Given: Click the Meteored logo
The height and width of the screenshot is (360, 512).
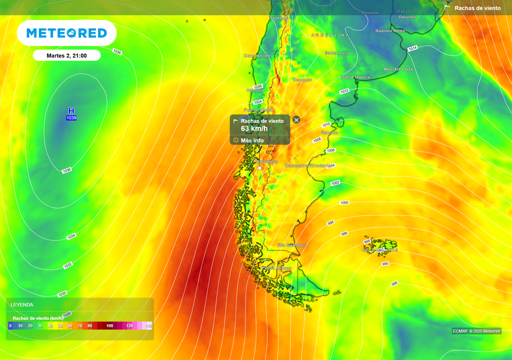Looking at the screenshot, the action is (x=66, y=33).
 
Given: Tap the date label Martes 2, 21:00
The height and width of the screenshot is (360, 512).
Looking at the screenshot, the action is (x=66, y=55).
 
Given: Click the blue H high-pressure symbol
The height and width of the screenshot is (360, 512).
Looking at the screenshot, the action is (x=71, y=110).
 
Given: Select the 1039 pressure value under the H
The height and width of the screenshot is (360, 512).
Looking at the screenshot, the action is (x=71, y=118).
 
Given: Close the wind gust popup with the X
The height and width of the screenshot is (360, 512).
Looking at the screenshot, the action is (x=296, y=120).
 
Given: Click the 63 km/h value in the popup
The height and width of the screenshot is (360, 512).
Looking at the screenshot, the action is (x=254, y=129).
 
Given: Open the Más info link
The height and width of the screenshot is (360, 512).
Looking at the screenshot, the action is (x=252, y=140).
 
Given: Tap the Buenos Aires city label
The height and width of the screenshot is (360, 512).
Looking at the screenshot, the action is (x=390, y=31).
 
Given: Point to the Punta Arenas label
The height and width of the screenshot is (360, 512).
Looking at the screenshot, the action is (x=276, y=268).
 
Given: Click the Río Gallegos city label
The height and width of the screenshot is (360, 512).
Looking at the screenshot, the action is (x=292, y=245).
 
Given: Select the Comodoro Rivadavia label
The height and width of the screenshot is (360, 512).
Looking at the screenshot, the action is (x=307, y=165).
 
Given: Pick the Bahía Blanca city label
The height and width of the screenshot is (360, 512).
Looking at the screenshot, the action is (x=355, y=77).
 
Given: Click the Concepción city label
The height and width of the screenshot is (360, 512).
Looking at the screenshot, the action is (x=257, y=55).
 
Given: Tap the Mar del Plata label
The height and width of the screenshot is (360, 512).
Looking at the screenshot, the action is (x=398, y=69).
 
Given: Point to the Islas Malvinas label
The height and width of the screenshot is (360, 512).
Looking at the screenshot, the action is (x=380, y=250).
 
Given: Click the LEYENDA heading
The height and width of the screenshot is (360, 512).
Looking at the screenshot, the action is (x=22, y=304).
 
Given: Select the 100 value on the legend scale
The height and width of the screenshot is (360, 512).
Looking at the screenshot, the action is (x=110, y=326).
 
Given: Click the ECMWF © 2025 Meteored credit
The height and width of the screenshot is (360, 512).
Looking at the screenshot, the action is (x=476, y=331).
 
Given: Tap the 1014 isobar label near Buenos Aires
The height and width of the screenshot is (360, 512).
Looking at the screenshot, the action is (x=412, y=48).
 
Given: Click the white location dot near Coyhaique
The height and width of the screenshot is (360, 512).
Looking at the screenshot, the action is (x=259, y=168).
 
